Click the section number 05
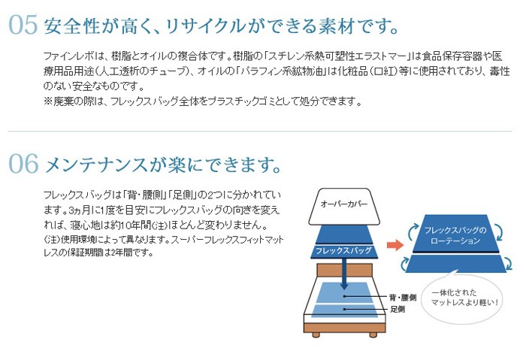(x=23, y=25)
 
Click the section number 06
(x=23, y=164)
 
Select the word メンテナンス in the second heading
(x=96, y=165)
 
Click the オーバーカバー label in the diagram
(x=344, y=204)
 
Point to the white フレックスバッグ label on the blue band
(x=343, y=250)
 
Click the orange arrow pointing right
(x=395, y=244)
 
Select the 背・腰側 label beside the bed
(x=403, y=298)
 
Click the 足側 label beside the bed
(x=398, y=309)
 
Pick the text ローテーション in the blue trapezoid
(x=455, y=241)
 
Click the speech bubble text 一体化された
(x=454, y=292)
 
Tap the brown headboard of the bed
(x=344, y=270)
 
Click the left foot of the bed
(x=316, y=334)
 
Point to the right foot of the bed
(x=373, y=334)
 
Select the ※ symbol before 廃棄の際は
(x=48, y=101)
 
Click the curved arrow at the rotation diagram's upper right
(x=499, y=232)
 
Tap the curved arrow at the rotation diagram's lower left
(x=404, y=264)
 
